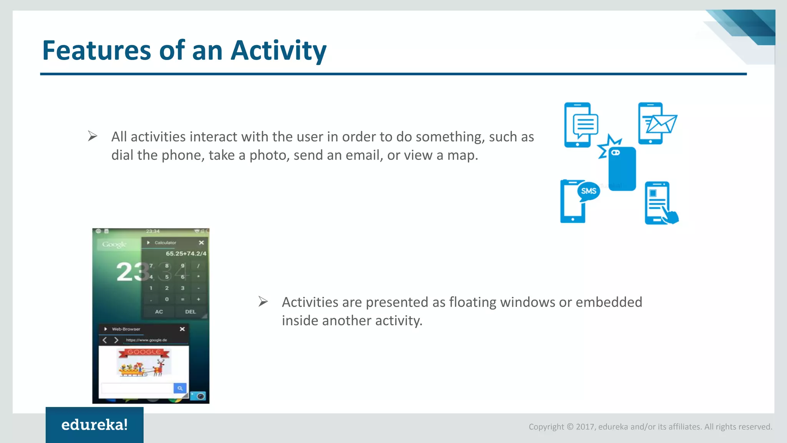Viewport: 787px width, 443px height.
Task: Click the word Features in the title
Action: pyautogui.click(x=96, y=51)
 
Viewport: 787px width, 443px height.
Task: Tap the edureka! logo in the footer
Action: pyautogui.click(x=95, y=425)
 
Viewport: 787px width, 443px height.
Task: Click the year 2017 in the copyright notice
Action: pyautogui.click(x=585, y=427)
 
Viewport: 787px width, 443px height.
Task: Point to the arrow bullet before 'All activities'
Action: pyautogui.click(x=92, y=136)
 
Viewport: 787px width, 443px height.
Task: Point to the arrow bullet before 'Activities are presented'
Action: pyautogui.click(x=263, y=301)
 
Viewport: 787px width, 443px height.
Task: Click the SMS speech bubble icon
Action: pyautogui.click(x=588, y=191)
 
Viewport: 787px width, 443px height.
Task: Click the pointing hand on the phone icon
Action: pyautogui.click(x=671, y=215)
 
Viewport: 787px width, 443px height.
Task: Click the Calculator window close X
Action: pyautogui.click(x=201, y=243)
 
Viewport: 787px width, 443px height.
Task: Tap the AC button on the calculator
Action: pyautogui.click(x=159, y=312)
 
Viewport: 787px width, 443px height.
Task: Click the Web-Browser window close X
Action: pyautogui.click(x=182, y=329)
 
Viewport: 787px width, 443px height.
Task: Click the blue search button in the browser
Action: pyautogui.click(x=180, y=388)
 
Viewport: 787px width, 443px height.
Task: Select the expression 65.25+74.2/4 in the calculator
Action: pyautogui.click(x=186, y=254)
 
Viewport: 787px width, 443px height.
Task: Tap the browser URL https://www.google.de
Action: pyautogui.click(x=146, y=340)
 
